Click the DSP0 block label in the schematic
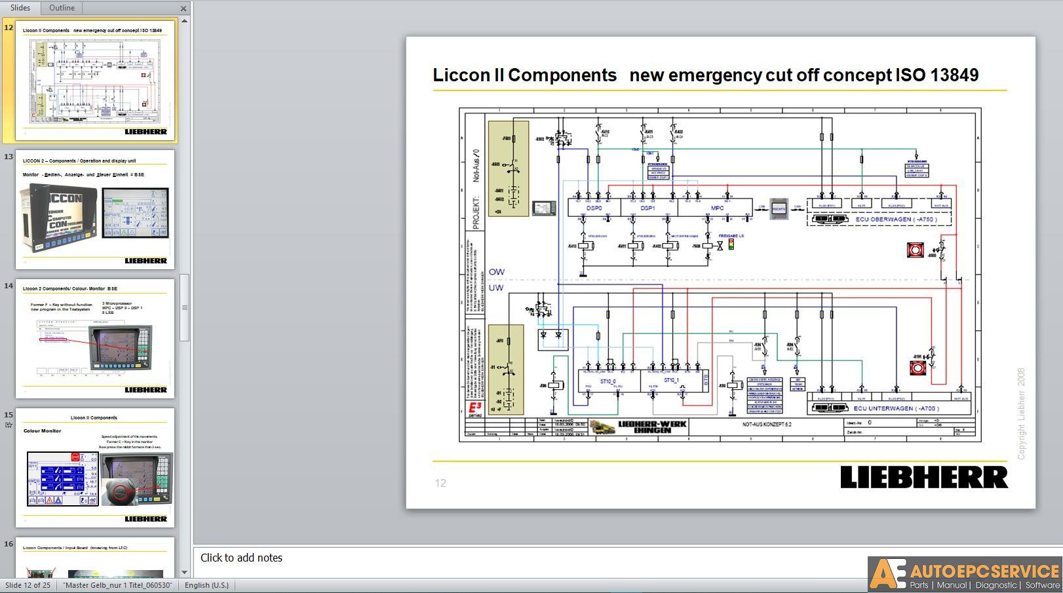coord(594,208)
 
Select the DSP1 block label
coord(647,208)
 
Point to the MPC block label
coord(717,208)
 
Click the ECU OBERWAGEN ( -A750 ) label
coord(896,220)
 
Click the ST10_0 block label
coord(608,381)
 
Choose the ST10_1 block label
coord(671,380)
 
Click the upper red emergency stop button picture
coord(915,250)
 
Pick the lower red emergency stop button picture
coord(918,368)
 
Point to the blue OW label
coord(496,271)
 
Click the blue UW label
coord(496,288)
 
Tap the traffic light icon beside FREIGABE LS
coord(731,244)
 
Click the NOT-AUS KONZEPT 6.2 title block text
coord(766,425)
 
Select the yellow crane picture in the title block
coord(602,427)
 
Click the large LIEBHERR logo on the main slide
coord(924,477)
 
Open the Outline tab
coord(62,8)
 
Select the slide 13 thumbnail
coord(95,210)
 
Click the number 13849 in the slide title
coord(954,75)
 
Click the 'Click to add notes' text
coord(241,558)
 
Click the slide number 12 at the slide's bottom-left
coord(440,483)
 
